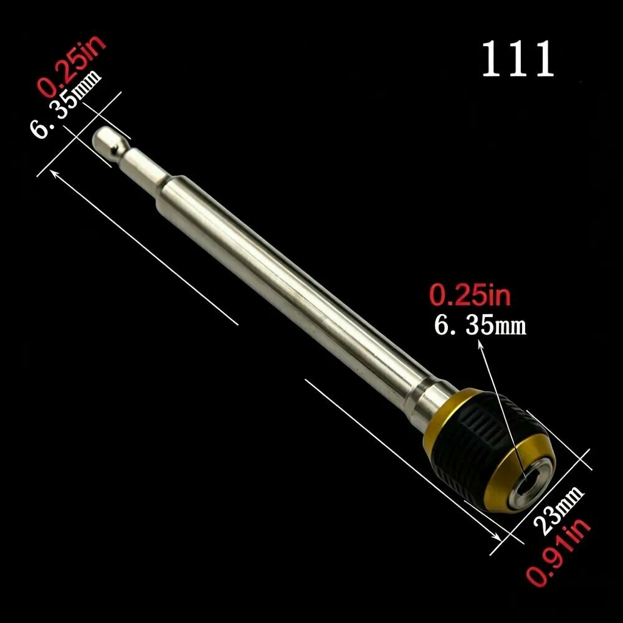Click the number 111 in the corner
(518, 59)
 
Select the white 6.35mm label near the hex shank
(65, 105)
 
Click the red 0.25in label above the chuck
(470, 295)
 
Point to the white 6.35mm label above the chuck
(480, 326)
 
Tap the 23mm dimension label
(558, 511)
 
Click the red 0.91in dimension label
(559, 551)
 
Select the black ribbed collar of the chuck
(477, 441)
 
